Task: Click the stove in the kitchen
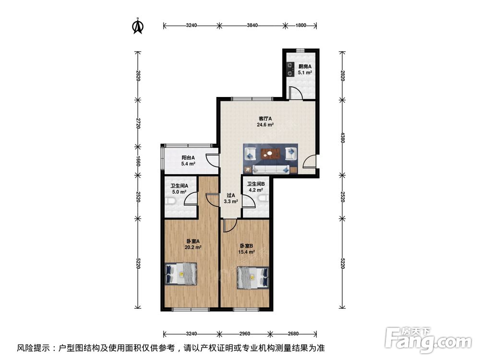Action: click(x=289, y=70)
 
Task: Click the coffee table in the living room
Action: click(x=270, y=154)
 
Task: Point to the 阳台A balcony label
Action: click(x=188, y=157)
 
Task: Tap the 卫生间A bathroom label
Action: click(x=179, y=186)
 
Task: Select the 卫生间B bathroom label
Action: click(x=255, y=184)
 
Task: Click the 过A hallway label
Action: click(x=230, y=195)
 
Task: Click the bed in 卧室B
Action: click(x=252, y=277)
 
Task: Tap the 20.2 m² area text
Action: click(x=193, y=248)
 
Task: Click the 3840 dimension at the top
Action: click(x=252, y=25)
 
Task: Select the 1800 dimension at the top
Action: click(x=300, y=25)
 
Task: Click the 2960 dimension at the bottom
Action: click(x=245, y=333)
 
